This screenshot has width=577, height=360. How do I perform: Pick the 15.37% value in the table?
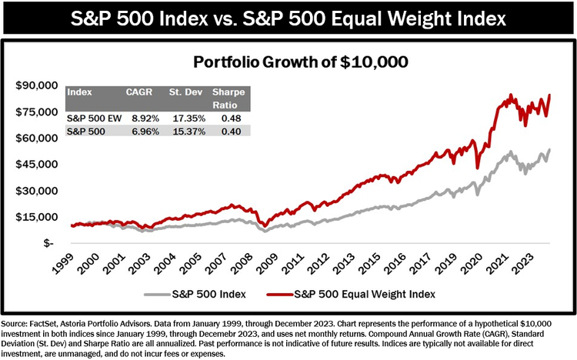(186, 131)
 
